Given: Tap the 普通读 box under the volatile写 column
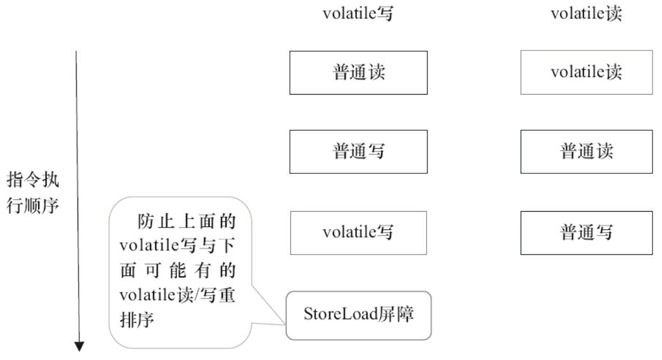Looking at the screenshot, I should coord(358,73).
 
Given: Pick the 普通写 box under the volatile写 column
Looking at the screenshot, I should coord(358,152).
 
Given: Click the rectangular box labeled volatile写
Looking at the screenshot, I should coord(358,232).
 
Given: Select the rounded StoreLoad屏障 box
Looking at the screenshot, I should coord(358,315).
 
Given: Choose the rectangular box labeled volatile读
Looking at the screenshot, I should coord(586,72).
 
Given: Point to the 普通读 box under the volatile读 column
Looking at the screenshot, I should coord(586,152).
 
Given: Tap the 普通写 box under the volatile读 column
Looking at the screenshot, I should coord(586,232).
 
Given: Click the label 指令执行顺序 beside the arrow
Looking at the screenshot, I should coord(33,192).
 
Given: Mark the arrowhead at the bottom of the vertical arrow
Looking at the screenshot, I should coord(79,347).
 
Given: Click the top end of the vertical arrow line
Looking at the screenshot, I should coord(77,52).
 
